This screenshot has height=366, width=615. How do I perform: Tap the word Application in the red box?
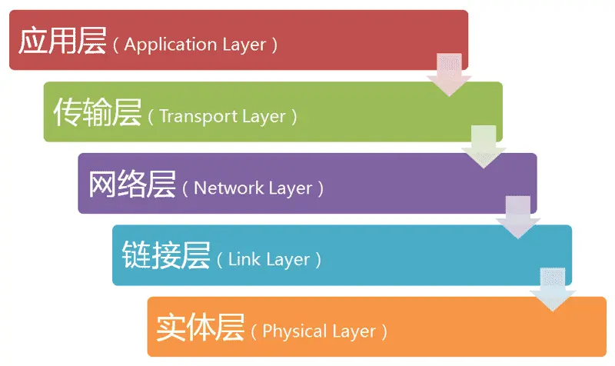161,44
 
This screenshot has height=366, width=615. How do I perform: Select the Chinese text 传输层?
97,113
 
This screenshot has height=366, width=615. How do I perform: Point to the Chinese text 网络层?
131,185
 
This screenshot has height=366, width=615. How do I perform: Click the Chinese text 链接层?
165,256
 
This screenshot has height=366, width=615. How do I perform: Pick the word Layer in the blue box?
288,259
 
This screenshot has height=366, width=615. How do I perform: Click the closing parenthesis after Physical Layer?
384,332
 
